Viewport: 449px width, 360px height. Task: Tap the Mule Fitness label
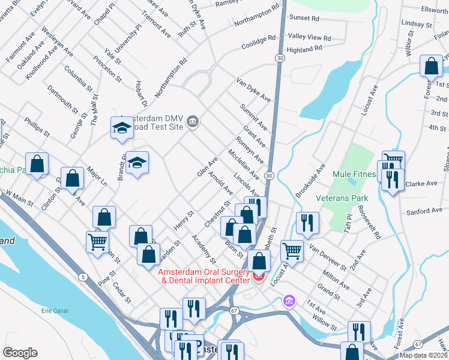(x=354, y=175)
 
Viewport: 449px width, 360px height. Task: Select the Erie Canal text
(x=54, y=310)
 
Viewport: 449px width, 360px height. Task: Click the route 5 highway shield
(x=82, y=277)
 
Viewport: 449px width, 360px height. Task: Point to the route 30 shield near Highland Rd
(x=280, y=58)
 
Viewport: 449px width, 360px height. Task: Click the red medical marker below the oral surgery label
(x=259, y=276)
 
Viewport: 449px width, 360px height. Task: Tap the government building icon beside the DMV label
(x=192, y=122)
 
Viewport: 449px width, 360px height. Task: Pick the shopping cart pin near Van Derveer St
(x=292, y=250)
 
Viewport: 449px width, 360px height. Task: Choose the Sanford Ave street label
(x=424, y=211)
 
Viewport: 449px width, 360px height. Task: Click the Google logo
(x=20, y=353)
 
